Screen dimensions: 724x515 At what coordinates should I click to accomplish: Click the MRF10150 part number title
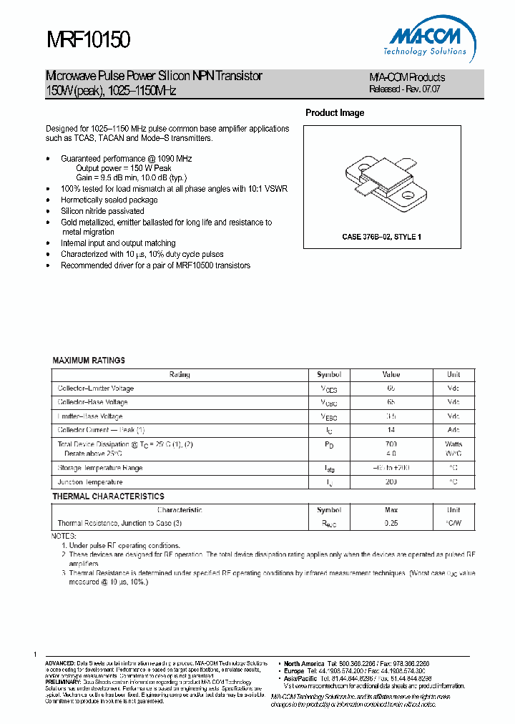88,40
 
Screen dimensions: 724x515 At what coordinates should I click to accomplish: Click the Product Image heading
335,113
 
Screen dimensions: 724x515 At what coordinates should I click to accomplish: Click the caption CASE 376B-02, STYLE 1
381,236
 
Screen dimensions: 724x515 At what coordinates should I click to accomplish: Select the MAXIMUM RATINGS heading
89,361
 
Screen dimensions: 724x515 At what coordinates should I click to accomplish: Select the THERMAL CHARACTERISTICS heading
108,496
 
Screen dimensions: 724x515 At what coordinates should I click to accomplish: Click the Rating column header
180,374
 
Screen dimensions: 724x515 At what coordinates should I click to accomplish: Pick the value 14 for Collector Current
391,430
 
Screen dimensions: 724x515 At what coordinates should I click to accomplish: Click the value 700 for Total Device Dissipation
391,444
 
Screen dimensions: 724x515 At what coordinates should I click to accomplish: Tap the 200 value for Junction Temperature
391,482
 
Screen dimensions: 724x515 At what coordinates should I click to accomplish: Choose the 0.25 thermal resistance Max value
391,523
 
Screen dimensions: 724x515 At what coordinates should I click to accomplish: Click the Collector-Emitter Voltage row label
95,388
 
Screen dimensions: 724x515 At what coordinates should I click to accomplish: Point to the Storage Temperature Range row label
99,468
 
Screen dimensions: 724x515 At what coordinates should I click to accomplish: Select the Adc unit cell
453,430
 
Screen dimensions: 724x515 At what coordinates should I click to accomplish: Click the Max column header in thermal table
391,510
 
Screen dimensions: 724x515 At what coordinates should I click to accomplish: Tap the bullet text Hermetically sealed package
109,200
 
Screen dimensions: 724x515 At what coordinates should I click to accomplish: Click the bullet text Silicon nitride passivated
102,211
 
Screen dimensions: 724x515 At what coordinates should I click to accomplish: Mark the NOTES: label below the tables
64,536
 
